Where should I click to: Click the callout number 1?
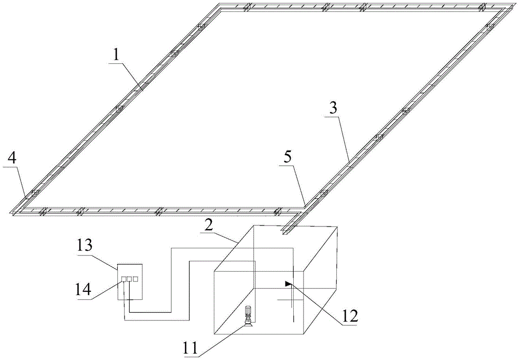point(117,54)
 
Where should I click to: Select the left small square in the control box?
point(124,279)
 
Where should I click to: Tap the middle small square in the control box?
point(129,279)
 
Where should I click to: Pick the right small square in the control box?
point(135,279)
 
